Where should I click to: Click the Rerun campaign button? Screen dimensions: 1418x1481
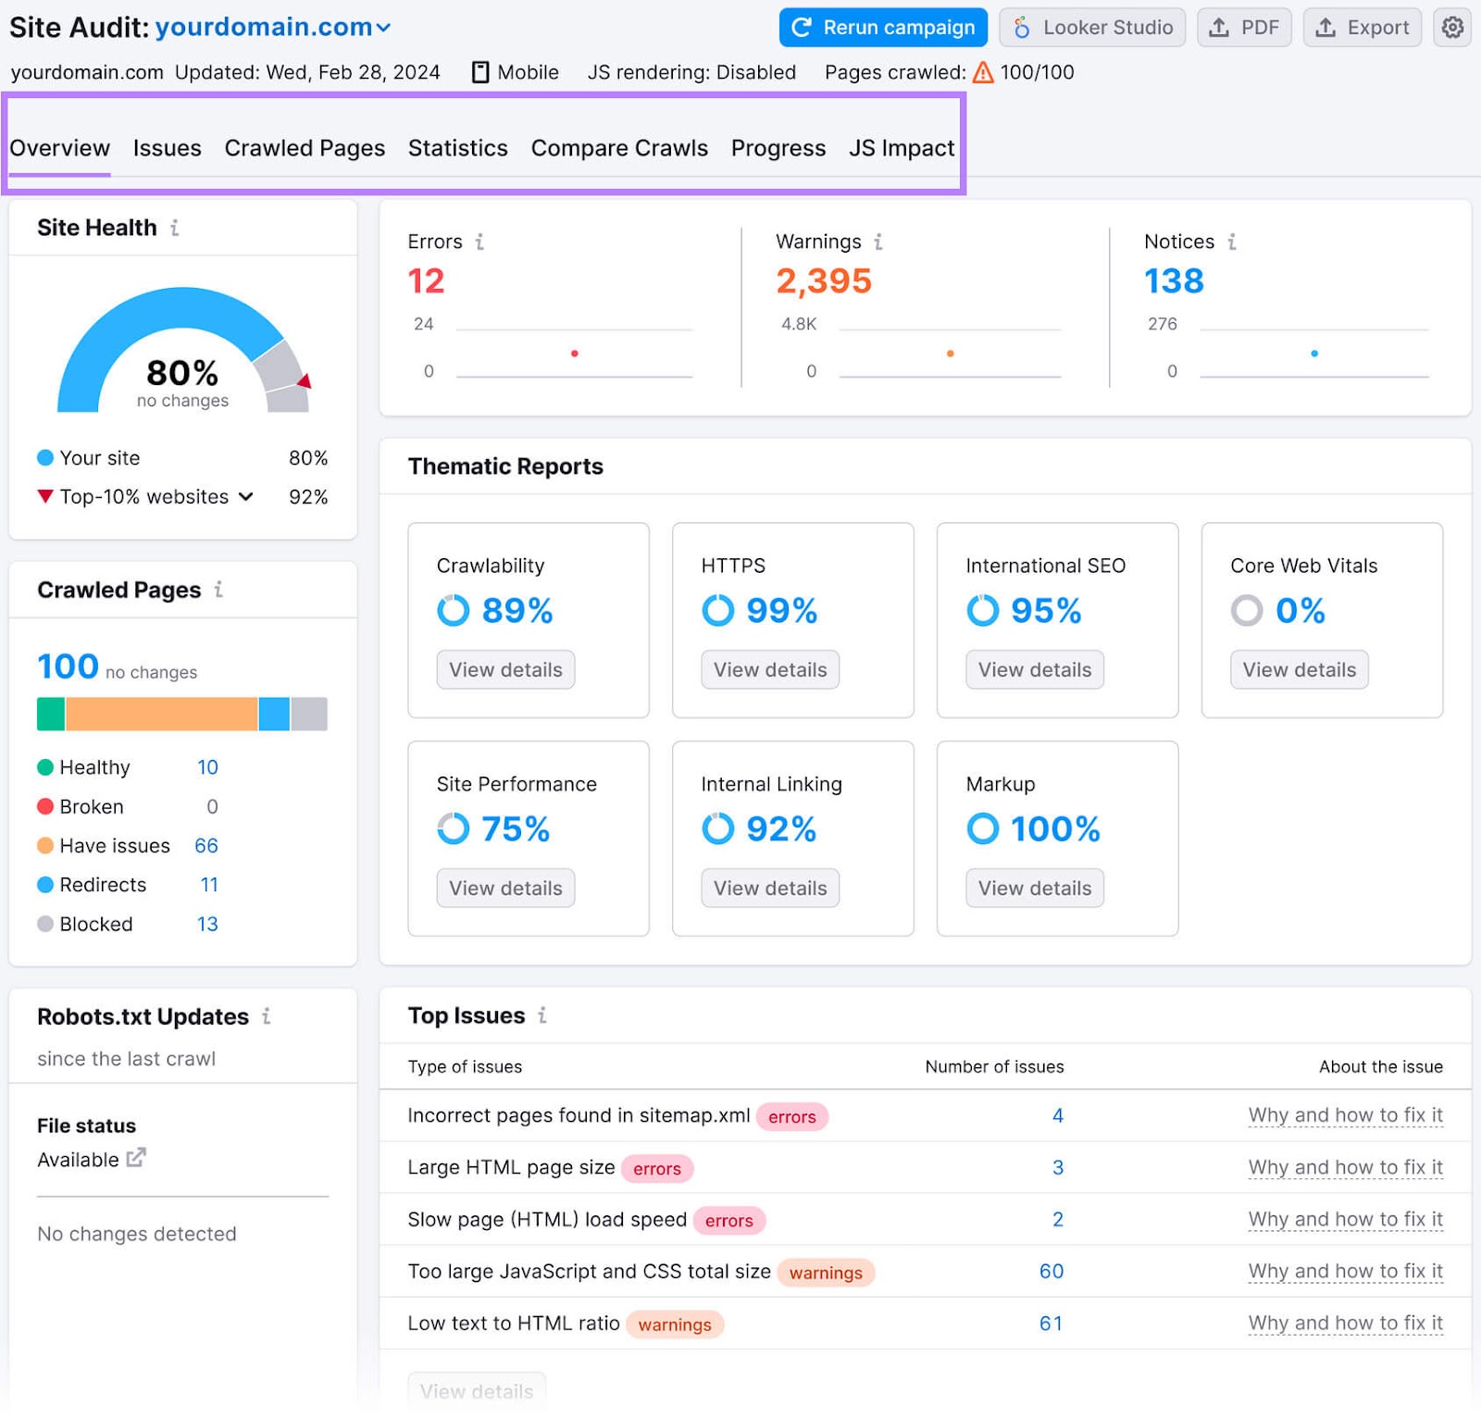click(883, 28)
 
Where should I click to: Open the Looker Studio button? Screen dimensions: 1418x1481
click(1092, 28)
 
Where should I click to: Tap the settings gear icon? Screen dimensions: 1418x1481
click(1452, 28)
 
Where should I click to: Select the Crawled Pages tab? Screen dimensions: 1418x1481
click(305, 148)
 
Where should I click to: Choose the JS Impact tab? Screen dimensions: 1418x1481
click(902, 148)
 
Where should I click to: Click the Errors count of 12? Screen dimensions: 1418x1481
click(426, 281)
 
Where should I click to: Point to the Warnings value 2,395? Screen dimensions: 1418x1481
click(824, 281)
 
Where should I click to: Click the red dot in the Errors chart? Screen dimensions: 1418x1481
click(575, 354)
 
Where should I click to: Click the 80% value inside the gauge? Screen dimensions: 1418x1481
click(182, 373)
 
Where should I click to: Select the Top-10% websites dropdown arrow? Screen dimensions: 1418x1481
click(246, 497)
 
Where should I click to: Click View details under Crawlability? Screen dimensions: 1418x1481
click(505, 670)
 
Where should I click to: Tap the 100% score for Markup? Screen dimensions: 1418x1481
click(1054, 829)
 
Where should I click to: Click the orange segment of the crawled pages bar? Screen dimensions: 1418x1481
click(161, 715)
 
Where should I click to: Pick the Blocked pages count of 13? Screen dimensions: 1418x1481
click(207, 925)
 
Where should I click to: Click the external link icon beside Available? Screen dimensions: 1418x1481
click(136, 1158)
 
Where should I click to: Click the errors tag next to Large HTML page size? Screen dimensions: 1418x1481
click(656, 1169)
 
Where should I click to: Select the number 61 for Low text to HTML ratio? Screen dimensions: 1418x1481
click(1051, 1324)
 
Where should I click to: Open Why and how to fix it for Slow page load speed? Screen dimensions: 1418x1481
click(1345, 1220)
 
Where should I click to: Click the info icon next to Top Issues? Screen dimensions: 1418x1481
click(542, 1016)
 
